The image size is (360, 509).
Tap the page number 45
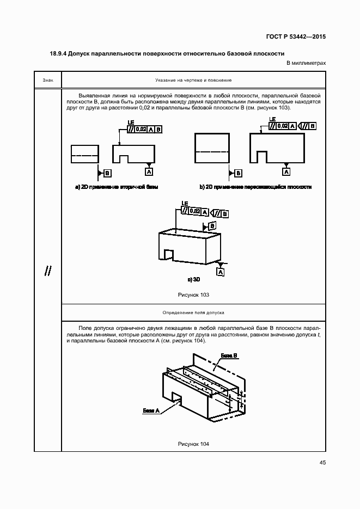322,463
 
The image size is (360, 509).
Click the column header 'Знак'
47,80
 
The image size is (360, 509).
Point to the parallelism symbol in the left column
48,271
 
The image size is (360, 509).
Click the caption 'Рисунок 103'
194,295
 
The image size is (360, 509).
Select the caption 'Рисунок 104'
194,444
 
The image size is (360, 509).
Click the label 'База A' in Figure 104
151,410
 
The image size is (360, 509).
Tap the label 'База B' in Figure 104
229,355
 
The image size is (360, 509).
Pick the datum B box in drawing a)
107,173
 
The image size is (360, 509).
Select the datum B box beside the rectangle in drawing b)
238,173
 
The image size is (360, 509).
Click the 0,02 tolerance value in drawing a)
140,129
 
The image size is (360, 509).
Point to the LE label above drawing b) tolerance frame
272,119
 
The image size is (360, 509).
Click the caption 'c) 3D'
194,280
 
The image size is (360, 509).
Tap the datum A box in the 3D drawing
221,272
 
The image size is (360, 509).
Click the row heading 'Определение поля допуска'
194,312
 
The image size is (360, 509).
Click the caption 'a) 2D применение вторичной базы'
116,187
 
